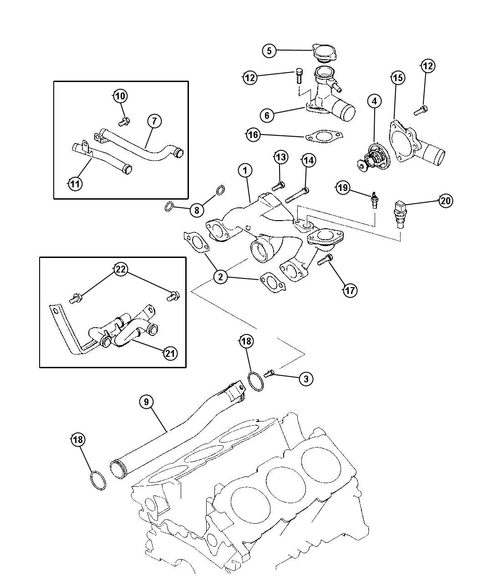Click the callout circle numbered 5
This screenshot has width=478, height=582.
(269, 51)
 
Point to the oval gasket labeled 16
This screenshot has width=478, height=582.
(323, 136)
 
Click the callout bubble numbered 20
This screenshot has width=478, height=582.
(446, 201)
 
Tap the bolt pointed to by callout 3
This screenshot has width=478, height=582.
(269, 374)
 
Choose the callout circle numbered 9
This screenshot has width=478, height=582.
(146, 402)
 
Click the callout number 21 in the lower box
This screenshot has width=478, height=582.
(170, 353)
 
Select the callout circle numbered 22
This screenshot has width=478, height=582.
(120, 269)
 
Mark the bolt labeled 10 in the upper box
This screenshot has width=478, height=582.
(123, 121)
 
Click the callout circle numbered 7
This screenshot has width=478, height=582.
(154, 121)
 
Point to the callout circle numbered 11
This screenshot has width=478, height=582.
(75, 184)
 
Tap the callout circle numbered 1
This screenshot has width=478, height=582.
(245, 170)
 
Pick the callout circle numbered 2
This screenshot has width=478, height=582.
(220, 277)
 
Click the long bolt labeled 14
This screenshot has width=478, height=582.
(297, 196)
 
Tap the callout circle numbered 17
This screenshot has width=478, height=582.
(350, 290)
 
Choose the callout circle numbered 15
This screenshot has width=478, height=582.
(397, 78)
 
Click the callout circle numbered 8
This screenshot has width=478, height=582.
(196, 210)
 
